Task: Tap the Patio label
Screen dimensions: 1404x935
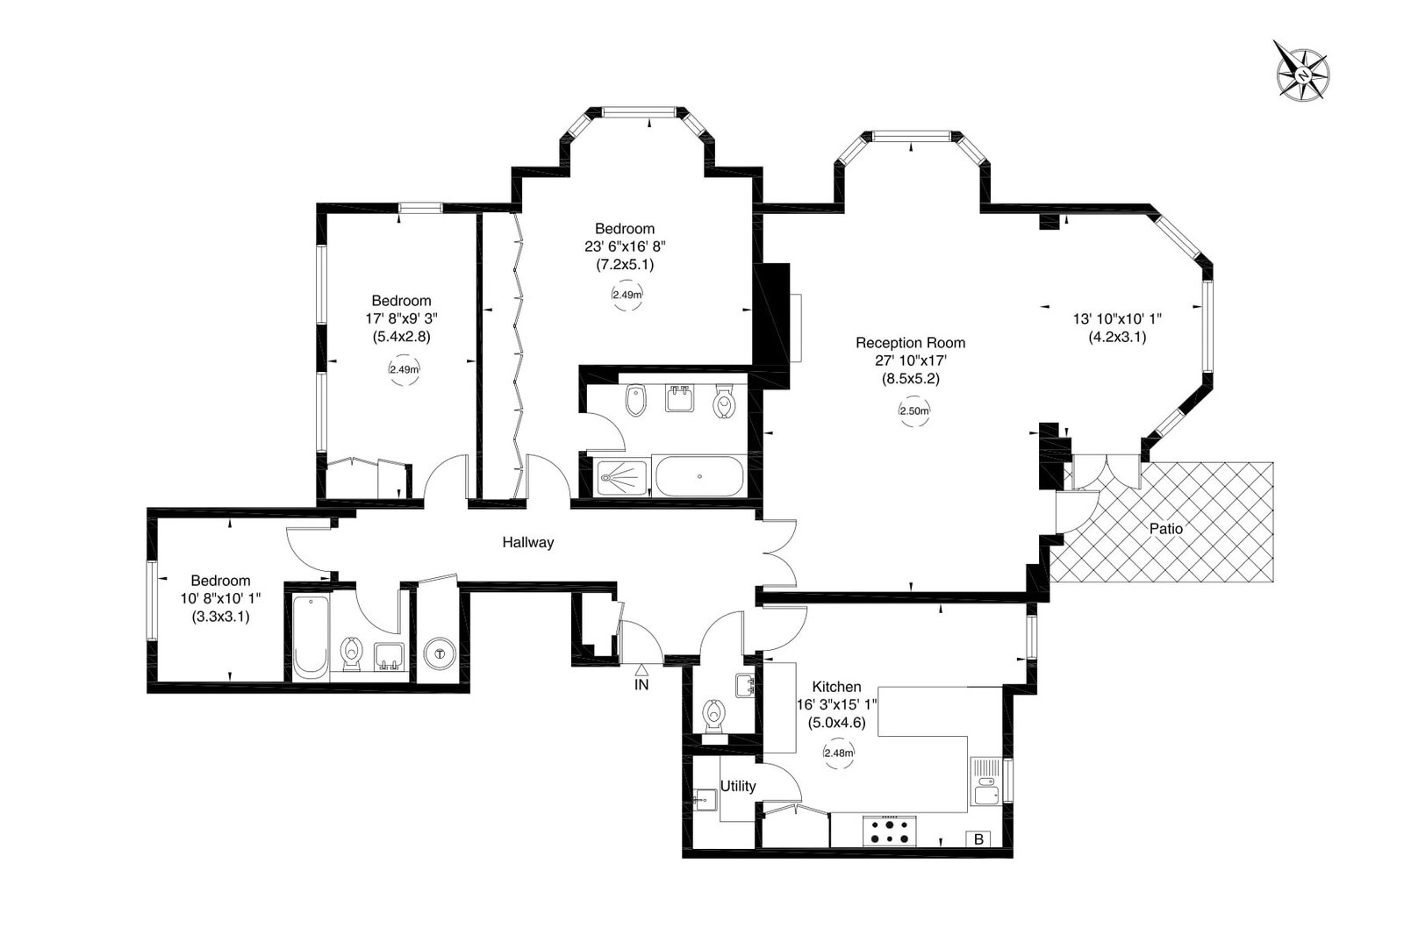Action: pyautogui.click(x=1166, y=529)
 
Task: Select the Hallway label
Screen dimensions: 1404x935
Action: pyautogui.click(x=527, y=543)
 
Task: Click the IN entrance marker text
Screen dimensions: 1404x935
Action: pyautogui.click(x=641, y=685)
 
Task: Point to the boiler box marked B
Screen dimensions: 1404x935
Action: pyautogui.click(x=979, y=839)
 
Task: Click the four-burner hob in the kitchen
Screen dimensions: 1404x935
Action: pyautogui.click(x=890, y=832)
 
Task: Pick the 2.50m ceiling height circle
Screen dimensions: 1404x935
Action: pyautogui.click(x=913, y=411)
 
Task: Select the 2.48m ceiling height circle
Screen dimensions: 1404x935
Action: pyautogui.click(x=839, y=753)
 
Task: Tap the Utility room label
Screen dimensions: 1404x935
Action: pyautogui.click(x=738, y=787)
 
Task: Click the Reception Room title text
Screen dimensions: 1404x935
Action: pyautogui.click(x=910, y=343)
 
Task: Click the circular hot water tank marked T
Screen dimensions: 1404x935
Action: pyautogui.click(x=440, y=654)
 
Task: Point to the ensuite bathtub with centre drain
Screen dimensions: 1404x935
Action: pyautogui.click(x=698, y=477)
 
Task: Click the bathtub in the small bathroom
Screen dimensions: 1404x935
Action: pyautogui.click(x=311, y=637)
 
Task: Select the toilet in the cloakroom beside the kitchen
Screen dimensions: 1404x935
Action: pyautogui.click(x=713, y=716)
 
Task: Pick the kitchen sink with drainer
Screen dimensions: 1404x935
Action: pyautogui.click(x=986, y=781)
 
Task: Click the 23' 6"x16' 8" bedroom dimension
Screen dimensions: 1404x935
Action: pyautogui.click(x=625, y=247)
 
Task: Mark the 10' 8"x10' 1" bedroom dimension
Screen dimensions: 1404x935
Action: pyautogui.click(x=220, y=598)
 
